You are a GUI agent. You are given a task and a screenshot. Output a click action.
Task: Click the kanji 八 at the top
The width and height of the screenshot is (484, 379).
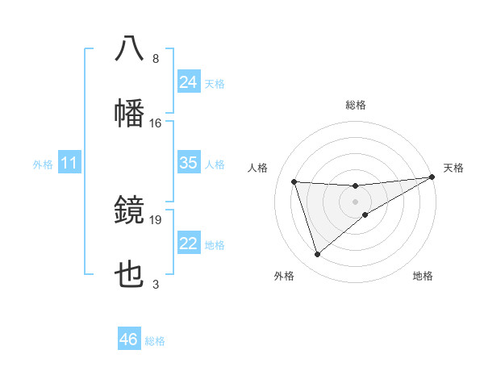tap(129, 48)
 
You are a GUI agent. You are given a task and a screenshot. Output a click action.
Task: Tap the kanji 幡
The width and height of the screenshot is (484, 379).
tap(129, 112)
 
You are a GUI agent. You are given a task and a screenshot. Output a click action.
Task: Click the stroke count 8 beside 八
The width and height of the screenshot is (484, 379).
tap(155, 59)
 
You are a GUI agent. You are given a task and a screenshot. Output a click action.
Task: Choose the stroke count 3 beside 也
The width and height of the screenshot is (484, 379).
tap(155, 284)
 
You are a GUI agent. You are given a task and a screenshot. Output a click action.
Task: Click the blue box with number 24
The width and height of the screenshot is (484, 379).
tap(189, 81)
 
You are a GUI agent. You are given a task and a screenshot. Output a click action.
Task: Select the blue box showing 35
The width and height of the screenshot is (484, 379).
tap(189, 163)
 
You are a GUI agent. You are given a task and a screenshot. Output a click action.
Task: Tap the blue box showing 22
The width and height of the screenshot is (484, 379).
tap(189, 244)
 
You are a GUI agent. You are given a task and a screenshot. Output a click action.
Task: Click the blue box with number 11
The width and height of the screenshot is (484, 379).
tap(69, 163)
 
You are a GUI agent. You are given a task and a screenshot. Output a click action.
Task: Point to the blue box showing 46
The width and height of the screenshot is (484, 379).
tap(129, 339)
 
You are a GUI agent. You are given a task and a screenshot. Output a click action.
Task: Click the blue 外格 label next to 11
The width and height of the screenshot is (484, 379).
tap(43, 165)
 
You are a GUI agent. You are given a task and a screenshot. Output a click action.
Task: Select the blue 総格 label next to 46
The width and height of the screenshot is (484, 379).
tap(156, 341)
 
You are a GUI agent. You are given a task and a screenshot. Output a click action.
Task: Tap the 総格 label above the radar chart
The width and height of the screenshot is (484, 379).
tap(356, 105)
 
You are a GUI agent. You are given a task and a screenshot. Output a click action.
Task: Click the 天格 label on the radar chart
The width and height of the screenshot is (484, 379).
tap(453, 168)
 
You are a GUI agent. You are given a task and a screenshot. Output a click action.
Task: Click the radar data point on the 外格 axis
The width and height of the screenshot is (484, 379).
tap(317, 255)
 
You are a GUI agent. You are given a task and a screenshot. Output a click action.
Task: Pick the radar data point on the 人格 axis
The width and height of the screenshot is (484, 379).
tap(294, 181)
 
